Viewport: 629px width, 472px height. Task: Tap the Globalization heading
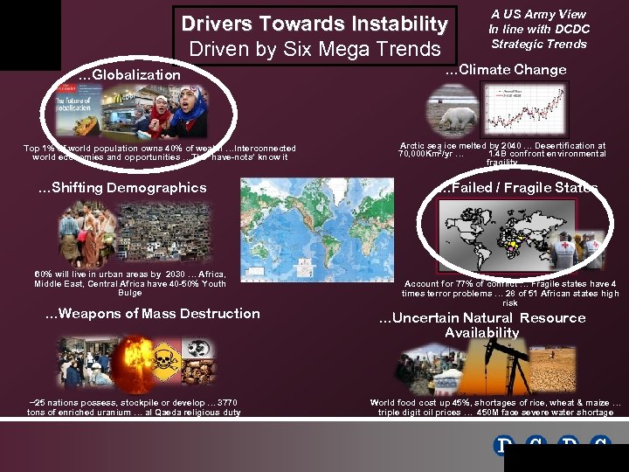click(129, 75)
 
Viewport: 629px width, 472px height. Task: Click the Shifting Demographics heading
click(122, 188)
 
